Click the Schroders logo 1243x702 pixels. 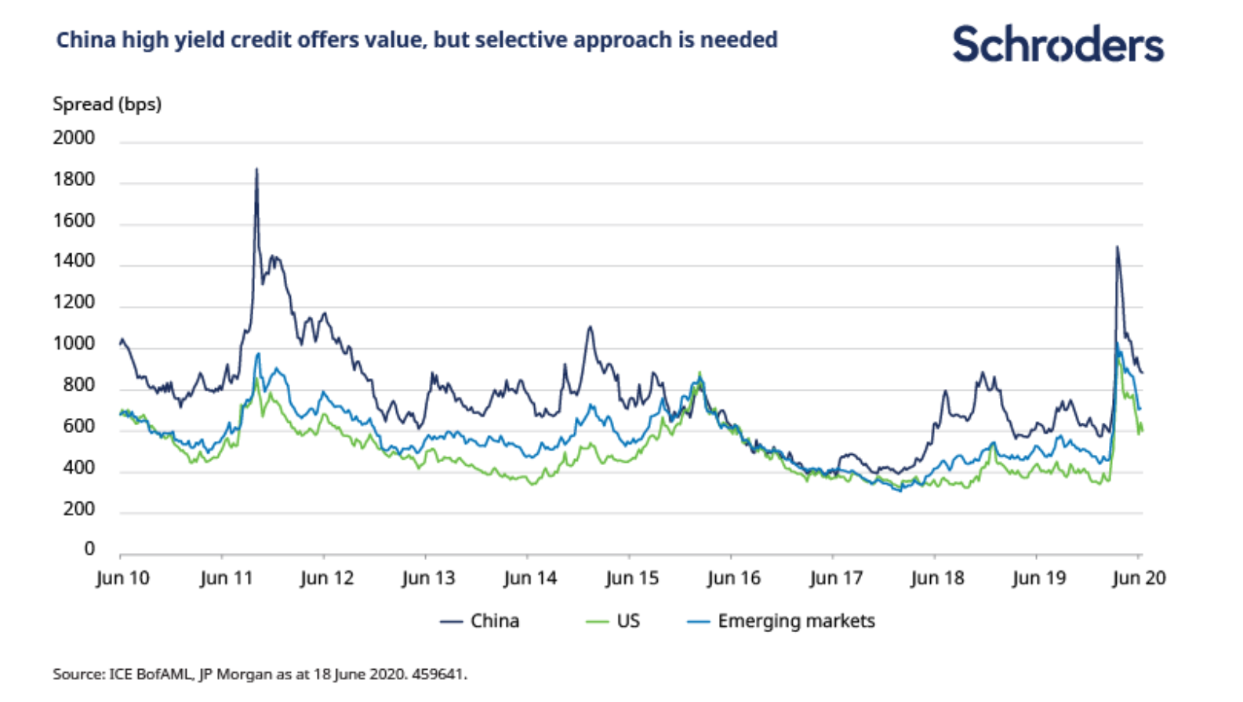click(1057, 44)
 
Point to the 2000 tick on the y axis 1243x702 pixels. click(74, 138)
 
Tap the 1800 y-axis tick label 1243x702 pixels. click(74, 180)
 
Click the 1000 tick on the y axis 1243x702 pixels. click(74, 344)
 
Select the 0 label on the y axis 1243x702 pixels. click(89, 549)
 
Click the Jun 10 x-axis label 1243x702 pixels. click(122, 579)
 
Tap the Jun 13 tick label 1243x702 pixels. click(428, 579)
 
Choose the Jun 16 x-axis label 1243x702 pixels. click(733, 579)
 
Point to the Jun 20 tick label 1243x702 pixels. click(1139, 579)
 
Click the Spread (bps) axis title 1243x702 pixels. click(107, 104)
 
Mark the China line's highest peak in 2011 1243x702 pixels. click(256, 169)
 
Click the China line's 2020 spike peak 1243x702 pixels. click(1117, 248)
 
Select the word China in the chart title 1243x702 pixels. click(85, 40)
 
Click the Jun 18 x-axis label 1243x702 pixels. click(937, 579)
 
